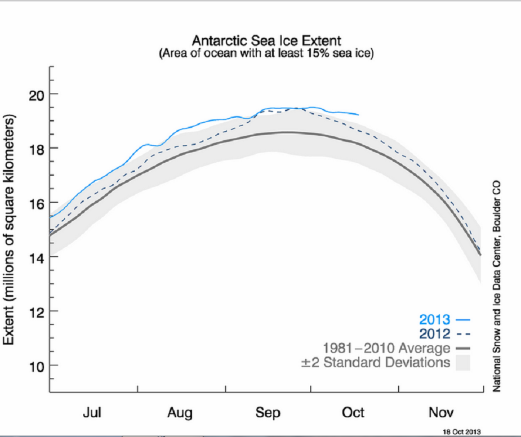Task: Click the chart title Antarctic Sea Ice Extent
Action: [x=266, y=41]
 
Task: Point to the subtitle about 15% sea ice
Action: [x=266, y=53]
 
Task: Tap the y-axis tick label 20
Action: [x=35, y=94]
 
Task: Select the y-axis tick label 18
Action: [x=35, y=148]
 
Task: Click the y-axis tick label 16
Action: [x=35, y=203]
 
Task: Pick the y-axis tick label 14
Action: [x=35, y=257]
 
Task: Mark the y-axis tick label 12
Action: [x=35, y=311]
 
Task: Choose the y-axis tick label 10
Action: [x=35, y=365]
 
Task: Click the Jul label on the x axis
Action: [x=92, y=413]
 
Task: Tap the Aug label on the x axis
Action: [x=180, y=413]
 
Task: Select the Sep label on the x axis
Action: [x=268, y=413]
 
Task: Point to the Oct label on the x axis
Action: [x=354, y=413]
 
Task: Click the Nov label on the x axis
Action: [x=441, y=413]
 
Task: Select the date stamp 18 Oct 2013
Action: [x=462, y=431]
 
